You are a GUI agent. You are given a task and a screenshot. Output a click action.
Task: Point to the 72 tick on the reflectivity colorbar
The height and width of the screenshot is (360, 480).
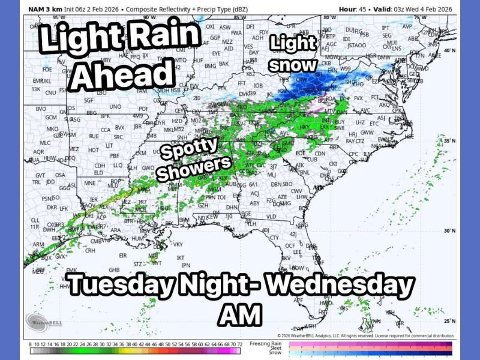click(239, 343)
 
